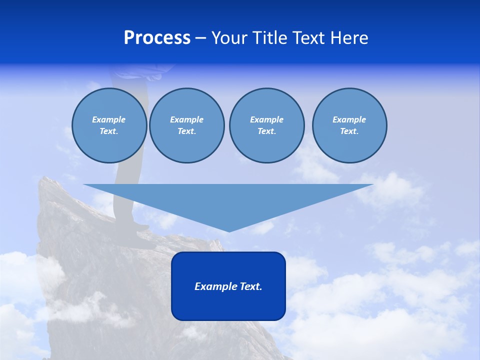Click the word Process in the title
tap(157, 38)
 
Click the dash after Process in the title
tap(201, 38)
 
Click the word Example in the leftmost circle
tap(109, 119)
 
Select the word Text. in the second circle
tap(187, 131)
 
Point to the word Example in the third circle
tap(266, 119)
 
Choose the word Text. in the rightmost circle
tap(349, 131)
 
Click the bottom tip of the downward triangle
tap(229, 231)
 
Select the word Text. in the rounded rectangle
tap(251, 286)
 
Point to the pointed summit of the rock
tap(45, 178)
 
